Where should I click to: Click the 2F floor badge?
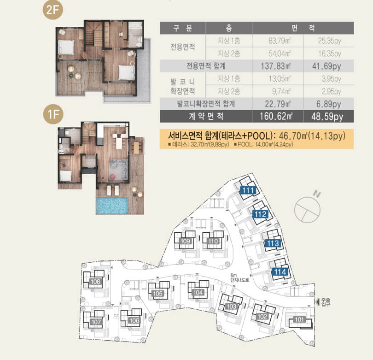pyautogui.click(x=52, y=10)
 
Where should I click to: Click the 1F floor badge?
pyautogui.click(x=53, y=114)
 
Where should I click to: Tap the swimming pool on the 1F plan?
pyautogui.click(x=112, y=206)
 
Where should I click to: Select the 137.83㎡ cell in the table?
pyautogui.click(x=276, y=66)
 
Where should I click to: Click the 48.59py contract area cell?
pyautogui.click(x=327, y=117)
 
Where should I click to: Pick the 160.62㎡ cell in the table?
pyautogui.click(x=276, y=117)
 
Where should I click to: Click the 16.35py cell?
pyautogui.click(x=330, y=53)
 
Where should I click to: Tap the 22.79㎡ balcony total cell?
pyautogui.click(x=278, y=104)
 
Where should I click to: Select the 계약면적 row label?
pyautogui.click(x=206, y=116)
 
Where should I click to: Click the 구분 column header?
pyautogui.click(x=182, y=28)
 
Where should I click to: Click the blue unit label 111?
pyautogui.click(x=248, y=190)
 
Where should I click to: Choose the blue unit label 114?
pyautogui.click(x=280, y=271)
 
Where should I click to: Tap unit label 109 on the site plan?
pyautogui.click(x=185, y=241)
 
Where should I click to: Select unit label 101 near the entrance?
pyautogui.click(x=299, y=319)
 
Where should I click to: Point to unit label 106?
pyautogui.click(x=134, y=320)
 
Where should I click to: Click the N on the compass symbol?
pyautogui.click(x=317, y=194)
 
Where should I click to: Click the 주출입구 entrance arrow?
pyautogui.click(x=317, y=302)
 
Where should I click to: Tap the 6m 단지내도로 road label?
pyautogui.click(x=239, y=277)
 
